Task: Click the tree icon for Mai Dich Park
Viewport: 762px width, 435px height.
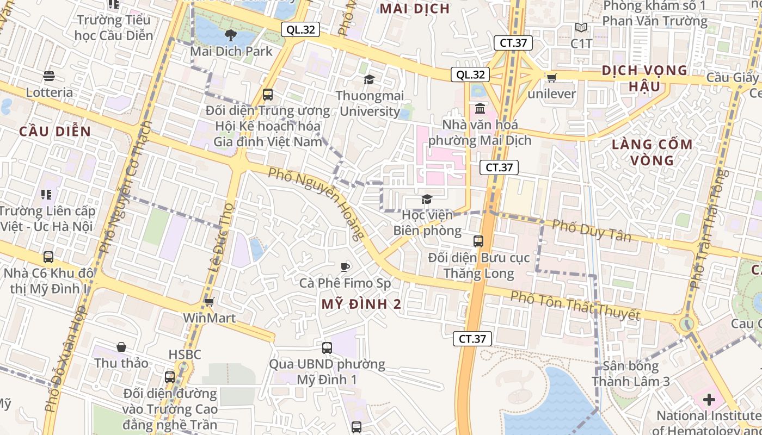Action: [231, 36]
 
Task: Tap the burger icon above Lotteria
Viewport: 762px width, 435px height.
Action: [49, 76]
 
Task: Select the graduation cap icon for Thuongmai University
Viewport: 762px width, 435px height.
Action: [370, 80]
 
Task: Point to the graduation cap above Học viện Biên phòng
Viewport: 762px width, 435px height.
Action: [427, 200]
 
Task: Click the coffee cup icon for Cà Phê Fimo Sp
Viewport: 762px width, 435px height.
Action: [345, 266]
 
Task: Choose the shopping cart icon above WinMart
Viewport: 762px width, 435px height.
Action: [210, 302]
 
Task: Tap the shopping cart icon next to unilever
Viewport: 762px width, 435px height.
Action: [551, 78]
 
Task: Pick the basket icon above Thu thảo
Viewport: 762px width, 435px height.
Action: [121, 347]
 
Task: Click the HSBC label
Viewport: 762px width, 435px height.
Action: [185, 355]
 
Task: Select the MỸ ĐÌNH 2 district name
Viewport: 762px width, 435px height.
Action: [361, 304]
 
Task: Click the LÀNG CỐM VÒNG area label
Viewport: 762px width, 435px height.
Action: [652, 152]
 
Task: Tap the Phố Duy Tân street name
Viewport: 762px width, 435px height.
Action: [592, 231]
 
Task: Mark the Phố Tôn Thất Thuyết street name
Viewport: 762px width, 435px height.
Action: [575, 306]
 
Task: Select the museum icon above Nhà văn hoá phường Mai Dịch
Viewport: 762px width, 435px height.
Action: [480, 108]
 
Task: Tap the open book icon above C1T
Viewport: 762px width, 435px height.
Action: [581, 27]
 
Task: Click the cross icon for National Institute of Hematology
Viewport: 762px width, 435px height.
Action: [709, 400]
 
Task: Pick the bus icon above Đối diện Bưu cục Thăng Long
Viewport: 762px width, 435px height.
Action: [478, 241]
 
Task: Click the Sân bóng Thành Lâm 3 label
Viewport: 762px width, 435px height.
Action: [631, 374]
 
